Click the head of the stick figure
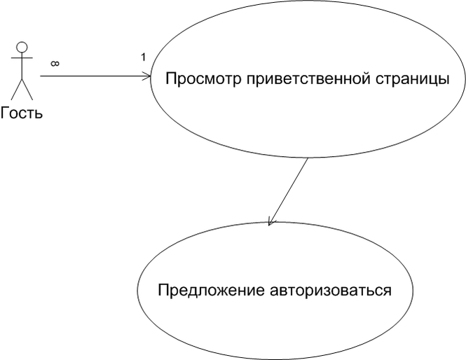pyautogui.click(x=22, y=47)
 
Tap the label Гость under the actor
pyautogui.click(x=22, y=113)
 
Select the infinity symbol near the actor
pyautogui.click(x=55, y=63)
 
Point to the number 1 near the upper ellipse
pyautogui.click(x=143, y=57)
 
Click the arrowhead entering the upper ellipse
pyautogui.click(x=147, y=76)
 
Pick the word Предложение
pyautogui.click(x=211, y=291)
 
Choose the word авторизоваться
pyautogui.click(x=331, y=291)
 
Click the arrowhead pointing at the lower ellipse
pyautogui.click(x=271, y=222)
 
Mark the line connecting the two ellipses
pyautogui.click(x=288, y=192)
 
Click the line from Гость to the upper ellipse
pyautogui.click(x=95, y=76)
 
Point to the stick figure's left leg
pyautogui.click(x=17, y=89)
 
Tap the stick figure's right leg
pyautogui.click(x=27, y=89)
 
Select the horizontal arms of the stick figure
pyautogui.click(x=22, y=58)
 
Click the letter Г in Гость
pyautogui.click(x=5, y=113)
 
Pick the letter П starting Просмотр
pyautogui.click(x=171, y=79)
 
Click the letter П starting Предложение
pyautogui.click(x=163, y=291)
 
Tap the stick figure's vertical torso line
pyautogui.click(x=22, y=66)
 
